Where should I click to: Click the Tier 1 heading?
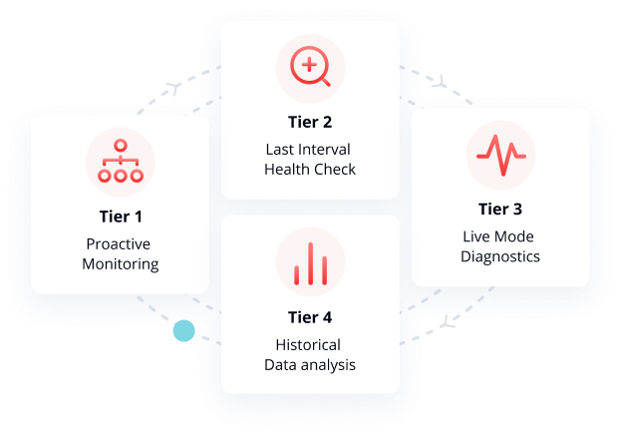coord(121,216)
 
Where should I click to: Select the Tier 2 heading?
coord(309,123)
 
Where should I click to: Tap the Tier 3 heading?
coord(499,210)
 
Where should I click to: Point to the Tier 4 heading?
coord(309,318)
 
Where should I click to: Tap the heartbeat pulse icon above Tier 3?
coord(500,157)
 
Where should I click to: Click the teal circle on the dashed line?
coord(183,330)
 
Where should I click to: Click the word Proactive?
coord(121,244)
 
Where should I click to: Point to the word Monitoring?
coord(121,264)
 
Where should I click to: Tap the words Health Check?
coord(310,170)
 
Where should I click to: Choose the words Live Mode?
coord(499,236)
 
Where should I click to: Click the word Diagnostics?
coord(499,256)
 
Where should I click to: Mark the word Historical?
coord(310,345)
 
